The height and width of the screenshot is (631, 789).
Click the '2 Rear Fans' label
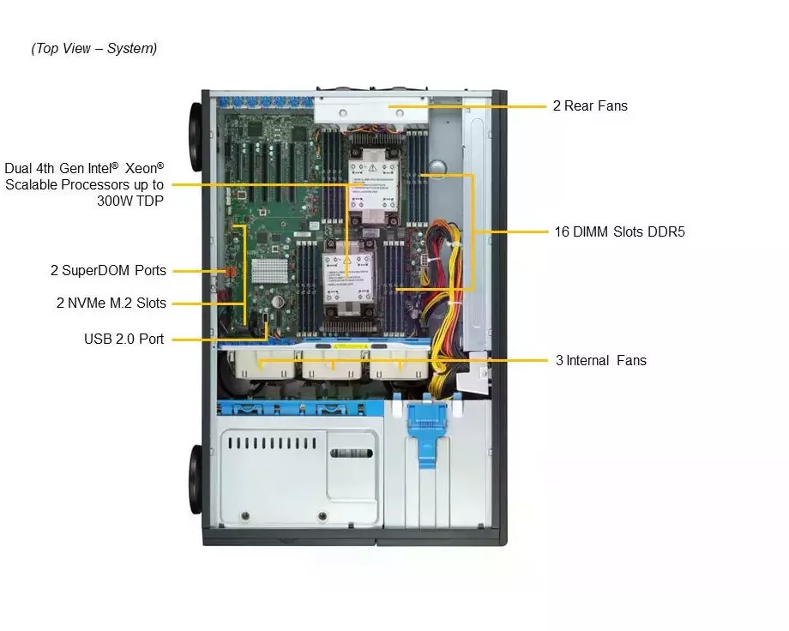589,106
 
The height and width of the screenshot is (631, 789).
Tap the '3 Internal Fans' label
600,360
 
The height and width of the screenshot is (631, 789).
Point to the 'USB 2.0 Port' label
123,339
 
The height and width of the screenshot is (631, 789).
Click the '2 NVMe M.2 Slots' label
111,303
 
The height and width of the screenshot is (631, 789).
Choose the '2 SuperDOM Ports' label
108,271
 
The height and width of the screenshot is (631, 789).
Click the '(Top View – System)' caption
94,48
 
